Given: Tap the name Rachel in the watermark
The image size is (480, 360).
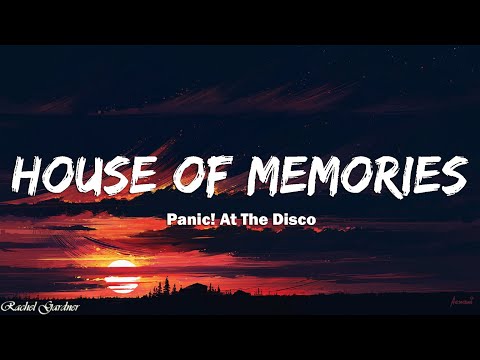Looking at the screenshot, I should tap(24, 305).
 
